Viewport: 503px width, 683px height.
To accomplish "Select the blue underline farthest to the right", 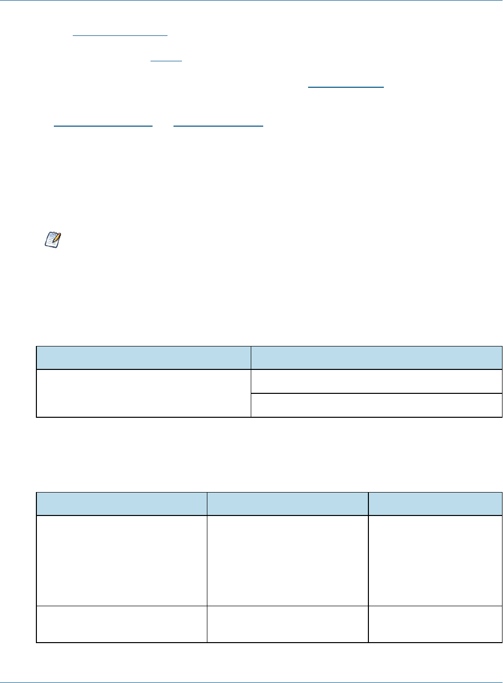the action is [346, 87].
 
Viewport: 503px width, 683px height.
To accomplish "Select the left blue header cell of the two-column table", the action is [144, 357].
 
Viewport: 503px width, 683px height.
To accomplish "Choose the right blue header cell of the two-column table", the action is [376, 357].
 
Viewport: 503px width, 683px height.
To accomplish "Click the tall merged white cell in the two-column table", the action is [144, 393].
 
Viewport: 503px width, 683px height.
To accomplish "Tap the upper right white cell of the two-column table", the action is [376, 381].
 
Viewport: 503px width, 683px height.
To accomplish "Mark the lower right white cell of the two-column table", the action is [376, 405].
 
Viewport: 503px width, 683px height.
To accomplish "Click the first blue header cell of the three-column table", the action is [122, 504].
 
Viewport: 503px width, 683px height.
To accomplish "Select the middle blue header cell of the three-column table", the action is [288, 504].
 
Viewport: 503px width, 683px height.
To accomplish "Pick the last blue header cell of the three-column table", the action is [435, 504].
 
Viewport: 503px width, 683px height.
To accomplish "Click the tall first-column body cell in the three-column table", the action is [122, 560].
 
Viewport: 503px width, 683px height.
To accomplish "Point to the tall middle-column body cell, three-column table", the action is [288, 560].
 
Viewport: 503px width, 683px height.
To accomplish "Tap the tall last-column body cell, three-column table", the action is [435, 560].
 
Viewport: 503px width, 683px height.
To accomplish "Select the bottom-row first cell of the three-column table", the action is [122, 624].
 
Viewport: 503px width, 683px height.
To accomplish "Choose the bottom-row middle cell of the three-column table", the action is [288, 624].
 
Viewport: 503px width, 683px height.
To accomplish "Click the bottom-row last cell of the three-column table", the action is [435, 624].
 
